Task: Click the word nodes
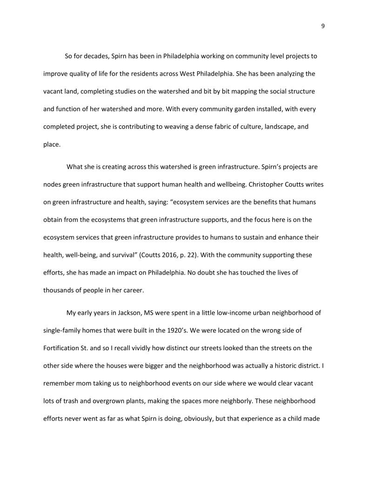point(53,184)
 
